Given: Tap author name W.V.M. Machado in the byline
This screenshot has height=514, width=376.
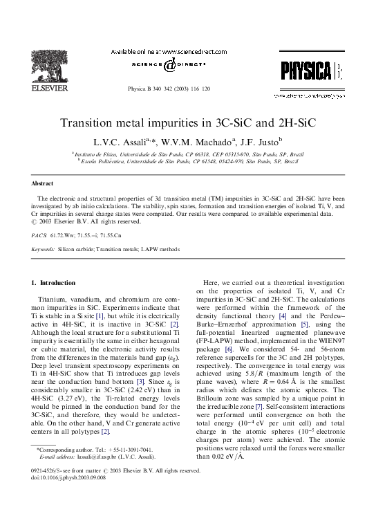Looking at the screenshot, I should click(x=187, y=141).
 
